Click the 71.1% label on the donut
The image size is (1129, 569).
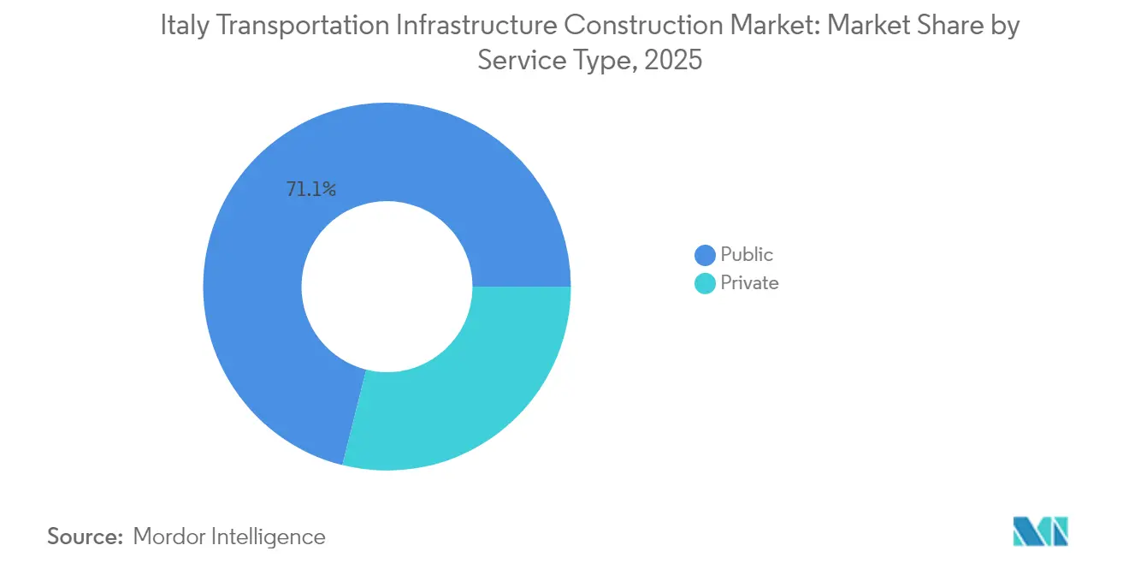(x=311, y=190)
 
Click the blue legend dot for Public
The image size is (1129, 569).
(x=705, y=255)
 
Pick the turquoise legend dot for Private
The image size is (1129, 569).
(x=705, y=283)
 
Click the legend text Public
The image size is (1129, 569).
(x=747, y=255)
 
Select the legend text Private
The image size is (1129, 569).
(x=749, y=283)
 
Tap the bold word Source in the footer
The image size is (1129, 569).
(x=85, y=536)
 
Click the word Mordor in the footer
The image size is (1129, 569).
(x=169, y=536)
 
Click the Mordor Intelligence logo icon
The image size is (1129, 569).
(x=1040, y=531)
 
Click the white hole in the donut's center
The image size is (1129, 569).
(x=387, y=287)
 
